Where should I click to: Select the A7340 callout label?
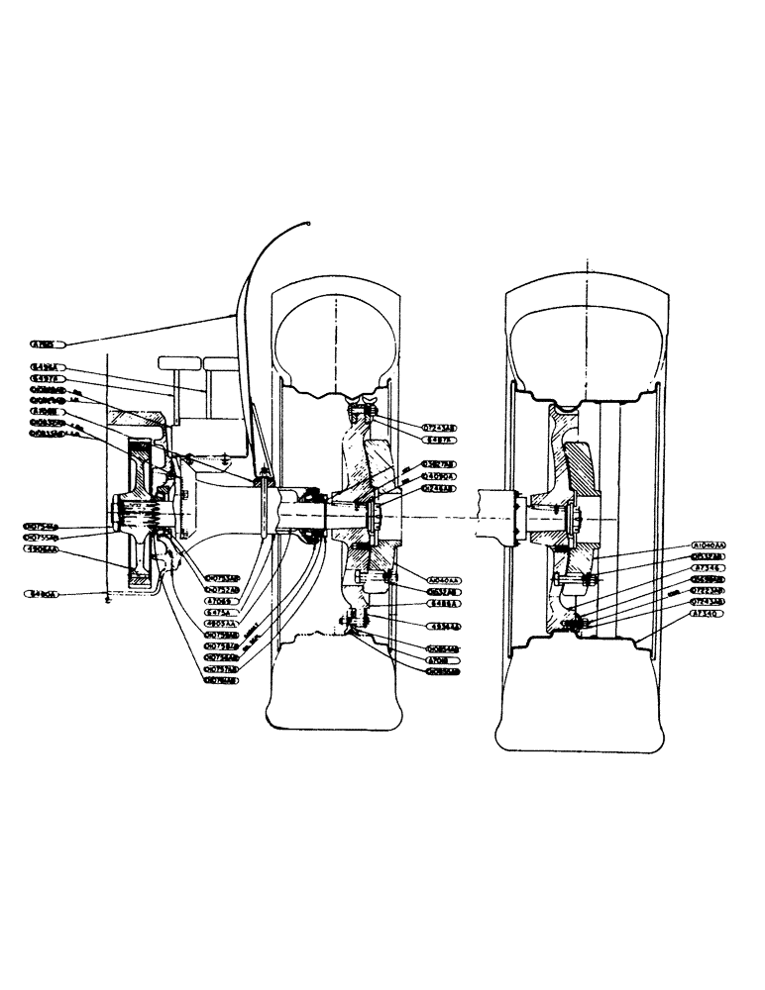pyautogui.click(x=709, y=614)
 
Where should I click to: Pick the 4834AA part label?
pyautogui.click(x=442, y=627)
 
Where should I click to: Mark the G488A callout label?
pyautogui.click(x=442, y=602)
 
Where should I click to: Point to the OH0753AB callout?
pyautogui.click(x=222, y=578)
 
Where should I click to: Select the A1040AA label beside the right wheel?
pyautogui.click(x=709, y=546)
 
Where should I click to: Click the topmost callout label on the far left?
pyautogui.click(x=47, y=345)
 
